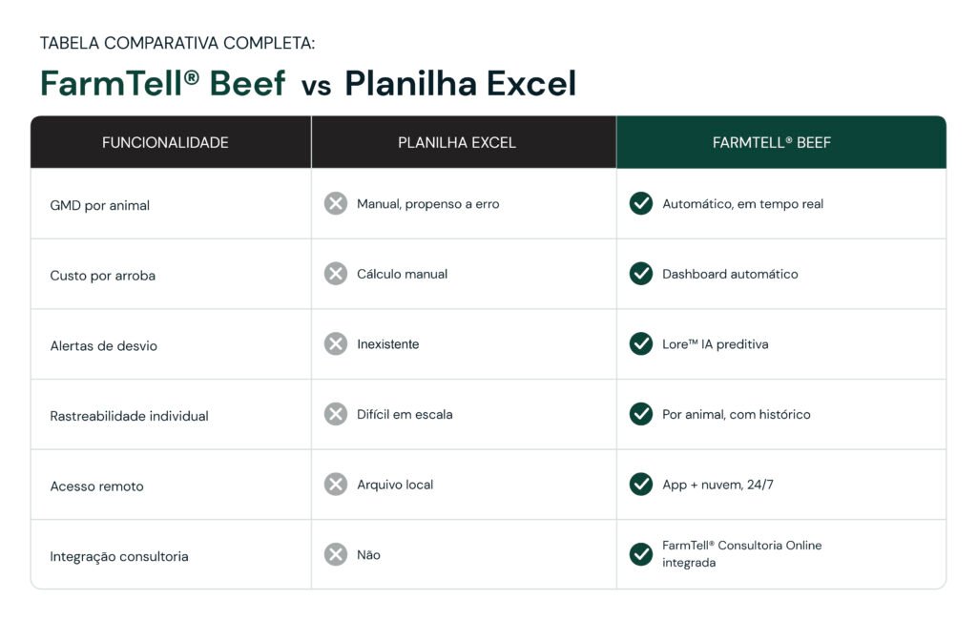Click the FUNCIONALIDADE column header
pyautogui.click(x=165, y=143)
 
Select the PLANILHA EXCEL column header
pyautogui.click(x=457, y=143)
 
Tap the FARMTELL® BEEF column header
pyautogui.click(x=771, y=143)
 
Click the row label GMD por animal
pyautogui.click(x=99, y=206)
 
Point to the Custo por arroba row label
pyautogui.click(x=103, y=276)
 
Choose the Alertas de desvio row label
pyautogui.click(x=103, y=345)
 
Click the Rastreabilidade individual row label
pyautogui.click(x=129, y=416)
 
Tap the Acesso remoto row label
pyautogui.click(x=96, y=486)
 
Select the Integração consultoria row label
pyautogui.click(x=119, y=556)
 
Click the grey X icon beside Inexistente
pyautogui.click(x=336, y=343)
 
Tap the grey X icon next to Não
pyautogui.click(x=336, y=554)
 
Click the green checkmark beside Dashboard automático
pyautogui.click(x=641, y=274)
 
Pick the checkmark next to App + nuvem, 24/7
pyautogui.click(x=641, y=484)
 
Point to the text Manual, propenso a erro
pyautogui.click(x=428, y=204)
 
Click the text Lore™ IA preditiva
pyautogui.click(x=716, y=344)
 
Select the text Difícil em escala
pyautogui.click(x=405, y=414)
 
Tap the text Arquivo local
pyautogui.click(x=395, y=485)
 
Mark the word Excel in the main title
pyautogui.click(x=531, y=84)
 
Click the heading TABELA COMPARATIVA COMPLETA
pyautogui.click(x=177, y=43)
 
